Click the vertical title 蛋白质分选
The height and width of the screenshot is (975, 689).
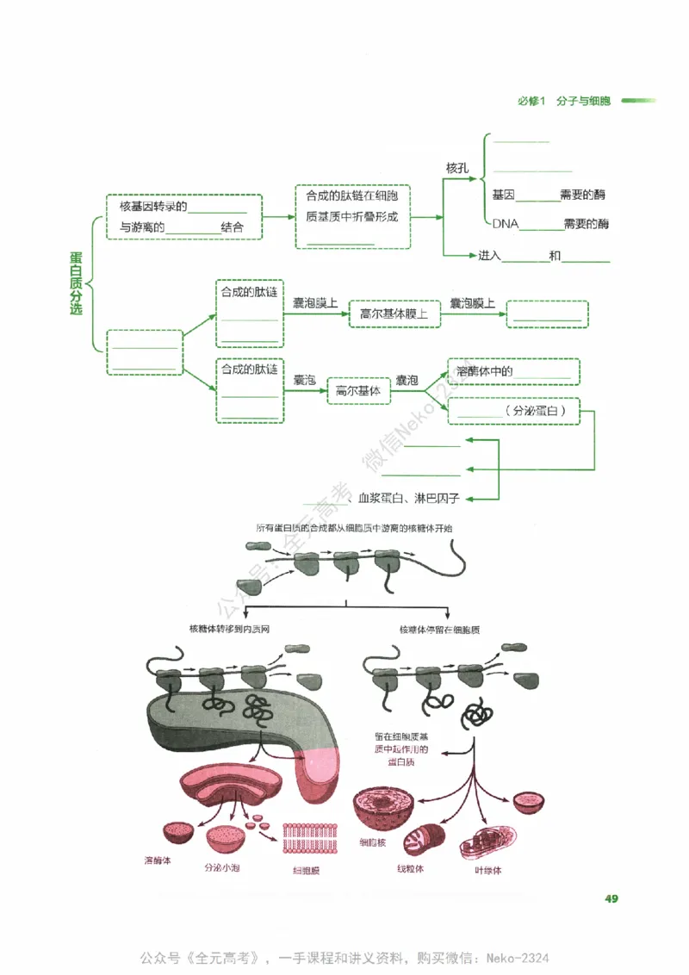76,283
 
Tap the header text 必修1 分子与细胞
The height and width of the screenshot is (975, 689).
564,101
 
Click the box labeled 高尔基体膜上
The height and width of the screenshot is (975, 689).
394,314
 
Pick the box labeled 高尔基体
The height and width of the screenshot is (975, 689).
357,391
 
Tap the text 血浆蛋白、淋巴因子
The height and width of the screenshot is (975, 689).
409,498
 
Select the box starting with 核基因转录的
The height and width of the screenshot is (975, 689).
183,216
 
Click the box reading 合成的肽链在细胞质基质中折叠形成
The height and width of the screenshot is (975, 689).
352,217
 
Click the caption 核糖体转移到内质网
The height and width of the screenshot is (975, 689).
234,630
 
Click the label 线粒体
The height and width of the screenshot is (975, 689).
410,868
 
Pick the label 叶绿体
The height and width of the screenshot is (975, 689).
487,870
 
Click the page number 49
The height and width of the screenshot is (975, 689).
611,899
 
